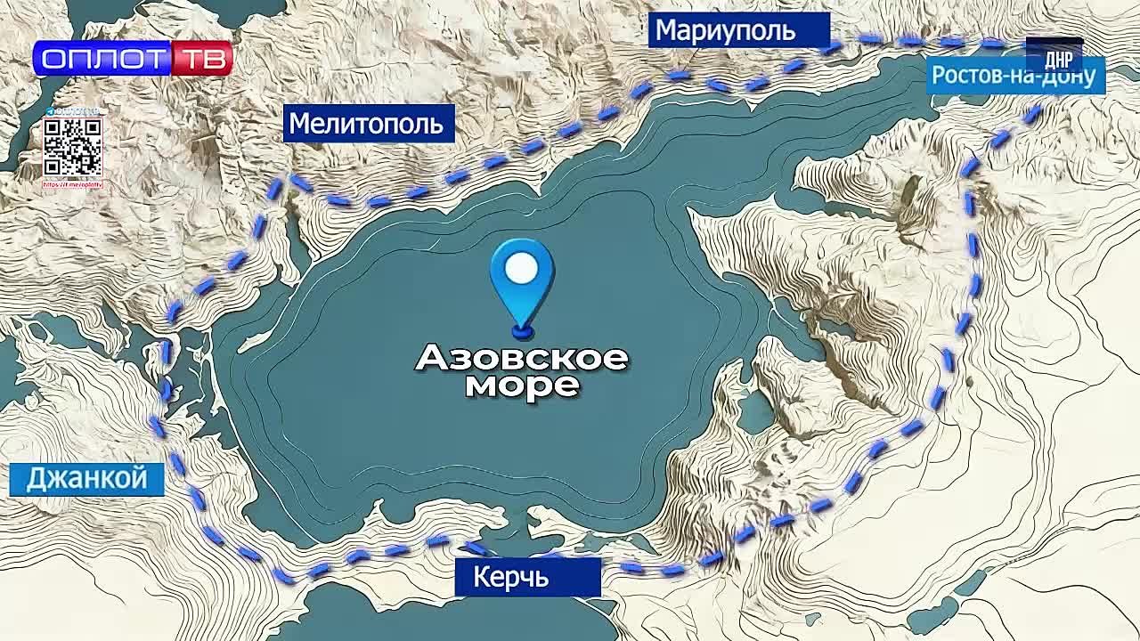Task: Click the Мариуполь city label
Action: tap(725, 31)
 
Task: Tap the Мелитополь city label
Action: tap(366, 123)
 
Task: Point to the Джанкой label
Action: tap(86, 479)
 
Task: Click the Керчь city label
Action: tap(510, 578)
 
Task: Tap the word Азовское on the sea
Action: tap(522, 358)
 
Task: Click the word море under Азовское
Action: tap(522, 385)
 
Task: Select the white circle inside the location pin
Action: tap(522, 268)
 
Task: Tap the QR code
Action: tap(73, 147)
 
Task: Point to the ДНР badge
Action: tap(1057, 59)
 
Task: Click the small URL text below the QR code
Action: tap(73, 185)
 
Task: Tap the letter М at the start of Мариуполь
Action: tap(664, 32)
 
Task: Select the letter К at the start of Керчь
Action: tap(482, 578)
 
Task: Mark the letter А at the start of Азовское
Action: tap(433, 359)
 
